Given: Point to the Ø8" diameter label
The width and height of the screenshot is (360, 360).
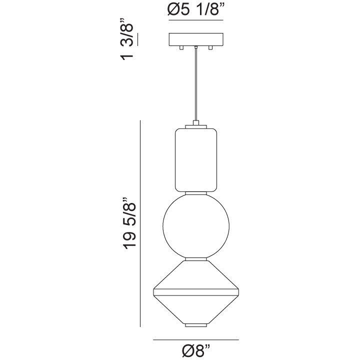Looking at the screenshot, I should pos(195,350).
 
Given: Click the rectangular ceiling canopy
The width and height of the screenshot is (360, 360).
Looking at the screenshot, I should pos(195,39).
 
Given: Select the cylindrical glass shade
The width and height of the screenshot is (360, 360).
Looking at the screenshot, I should pos(195,160).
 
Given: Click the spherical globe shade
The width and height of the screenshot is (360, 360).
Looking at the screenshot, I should pos(195,225).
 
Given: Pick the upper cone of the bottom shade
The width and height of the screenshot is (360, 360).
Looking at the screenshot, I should pos(195,275).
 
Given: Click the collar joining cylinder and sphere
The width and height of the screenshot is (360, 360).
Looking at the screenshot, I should pos(195,192).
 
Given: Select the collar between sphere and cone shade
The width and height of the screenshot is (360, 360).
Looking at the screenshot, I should pos(195,258).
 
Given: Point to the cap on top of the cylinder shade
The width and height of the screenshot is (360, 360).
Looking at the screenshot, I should pos(195,124).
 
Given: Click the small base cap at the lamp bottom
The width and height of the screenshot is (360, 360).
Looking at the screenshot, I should pos(195,325).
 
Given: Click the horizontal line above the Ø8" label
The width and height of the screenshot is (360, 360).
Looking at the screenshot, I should pos(195,340).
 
